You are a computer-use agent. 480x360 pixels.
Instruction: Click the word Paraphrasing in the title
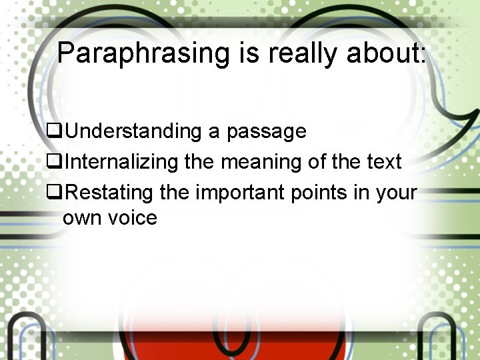[x=143, y=53]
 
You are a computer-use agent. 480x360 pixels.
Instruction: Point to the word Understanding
[x=133, y=131]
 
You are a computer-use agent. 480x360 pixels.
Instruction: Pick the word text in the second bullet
[x=385, y=161]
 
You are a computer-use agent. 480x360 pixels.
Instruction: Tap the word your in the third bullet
[x=396, y=193]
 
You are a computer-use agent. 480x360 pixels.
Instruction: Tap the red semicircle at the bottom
[x=240, y=337]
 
